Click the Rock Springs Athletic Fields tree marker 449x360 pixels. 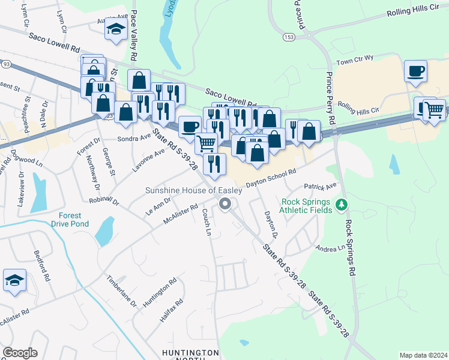[x=342, y=205]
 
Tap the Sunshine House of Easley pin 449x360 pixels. [x=225, y=205]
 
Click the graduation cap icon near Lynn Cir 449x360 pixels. [x=115, y=30]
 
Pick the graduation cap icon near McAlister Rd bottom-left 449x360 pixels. [x=14, y=281]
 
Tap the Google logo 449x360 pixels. [x=20, y=353]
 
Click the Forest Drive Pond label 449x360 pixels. [x=74, y=220]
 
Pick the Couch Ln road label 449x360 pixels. [x=207, y=222]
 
